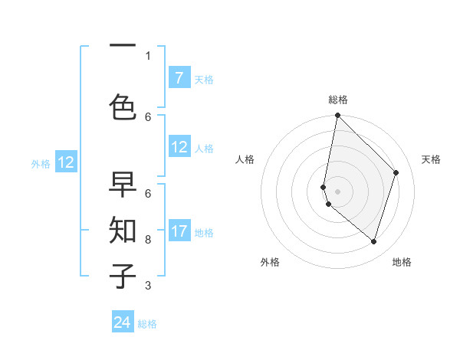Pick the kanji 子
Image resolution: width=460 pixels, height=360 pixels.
[123, 275]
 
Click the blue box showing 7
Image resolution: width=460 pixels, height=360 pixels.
[179, 77]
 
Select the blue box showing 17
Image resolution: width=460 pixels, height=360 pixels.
[179, 231]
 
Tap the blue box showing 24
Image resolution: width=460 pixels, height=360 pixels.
[123, 322]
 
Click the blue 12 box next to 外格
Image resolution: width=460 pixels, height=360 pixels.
[66, 162]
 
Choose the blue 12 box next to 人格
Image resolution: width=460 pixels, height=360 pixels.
[179, 147]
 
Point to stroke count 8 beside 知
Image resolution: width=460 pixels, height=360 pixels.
[148, 240]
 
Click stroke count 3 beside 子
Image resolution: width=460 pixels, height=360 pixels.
[148, 286]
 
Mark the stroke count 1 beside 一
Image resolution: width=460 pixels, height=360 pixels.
[148, 55]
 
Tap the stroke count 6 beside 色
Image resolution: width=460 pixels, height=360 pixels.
[148, 116]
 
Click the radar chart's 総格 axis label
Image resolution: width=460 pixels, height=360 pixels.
[337, 100]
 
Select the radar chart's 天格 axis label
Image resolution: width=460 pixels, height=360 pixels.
[432, 159]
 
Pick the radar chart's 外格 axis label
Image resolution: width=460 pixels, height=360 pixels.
[270, 262]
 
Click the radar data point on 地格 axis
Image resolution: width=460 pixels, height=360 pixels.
[373, 241]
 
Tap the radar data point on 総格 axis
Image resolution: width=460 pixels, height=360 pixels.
[337, 116]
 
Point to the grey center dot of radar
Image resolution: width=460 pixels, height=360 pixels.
[337, 191]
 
